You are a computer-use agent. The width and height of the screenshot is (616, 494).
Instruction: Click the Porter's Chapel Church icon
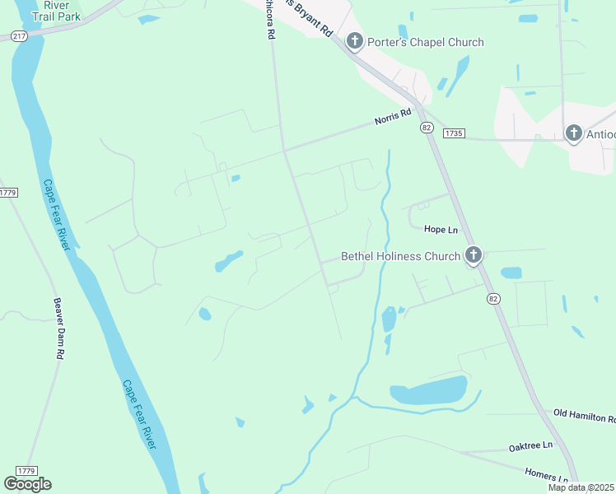pyautogui.click(x=355, y=41)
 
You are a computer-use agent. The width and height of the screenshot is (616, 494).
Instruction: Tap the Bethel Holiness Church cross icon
pyautogui.click(x=473, y=256)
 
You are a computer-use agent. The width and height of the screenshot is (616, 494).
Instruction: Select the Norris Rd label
pyautogui.click(x=392, y=118)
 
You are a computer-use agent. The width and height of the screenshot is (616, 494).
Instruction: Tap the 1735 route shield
pyautogui.click(x=454, y=133)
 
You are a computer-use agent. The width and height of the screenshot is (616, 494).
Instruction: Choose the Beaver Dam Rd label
pyautogui.click(x=58, y=329)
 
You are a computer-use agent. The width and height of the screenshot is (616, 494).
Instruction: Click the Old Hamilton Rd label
pyautogui.click(x=584, y=414)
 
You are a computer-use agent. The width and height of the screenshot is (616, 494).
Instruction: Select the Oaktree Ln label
pyautogui.click(x=530, y=446)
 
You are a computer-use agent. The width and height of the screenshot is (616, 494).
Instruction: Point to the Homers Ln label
pyautogui.click(x=546, y=475)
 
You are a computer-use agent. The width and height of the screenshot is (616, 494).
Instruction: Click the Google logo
pyautogui.click(x=27, y=483)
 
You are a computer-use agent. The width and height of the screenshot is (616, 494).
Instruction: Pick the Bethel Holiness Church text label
pyautogui.click(x=400, y=256)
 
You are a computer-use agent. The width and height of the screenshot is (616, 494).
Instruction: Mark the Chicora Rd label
pyautogui.click(x=269, y=20)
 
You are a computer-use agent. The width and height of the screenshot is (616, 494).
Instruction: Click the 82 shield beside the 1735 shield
pyautogui.click(x=426, y=128)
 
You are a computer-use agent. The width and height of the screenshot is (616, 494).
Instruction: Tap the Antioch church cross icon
pyautogui.click(x=573, y=133)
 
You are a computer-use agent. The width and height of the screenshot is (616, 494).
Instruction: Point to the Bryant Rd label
pyautogui.click(x=310, y=18)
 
